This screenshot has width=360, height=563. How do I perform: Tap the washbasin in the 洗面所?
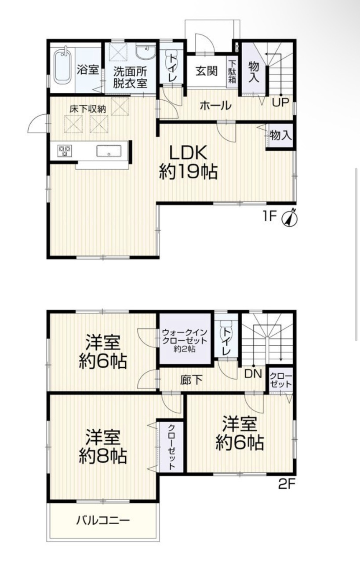[145, 52]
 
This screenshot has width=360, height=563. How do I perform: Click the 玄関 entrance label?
[207, 71]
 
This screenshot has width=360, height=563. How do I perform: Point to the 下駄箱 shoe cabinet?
[232, 73]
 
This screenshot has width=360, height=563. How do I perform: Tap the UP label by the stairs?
[281, 102]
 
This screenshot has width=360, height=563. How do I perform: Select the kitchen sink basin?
[109, 151]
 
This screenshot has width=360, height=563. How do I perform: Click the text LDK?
[188, 152]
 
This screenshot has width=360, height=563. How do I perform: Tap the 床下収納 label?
[87, 109]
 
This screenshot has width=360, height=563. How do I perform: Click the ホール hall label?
[215, 106]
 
